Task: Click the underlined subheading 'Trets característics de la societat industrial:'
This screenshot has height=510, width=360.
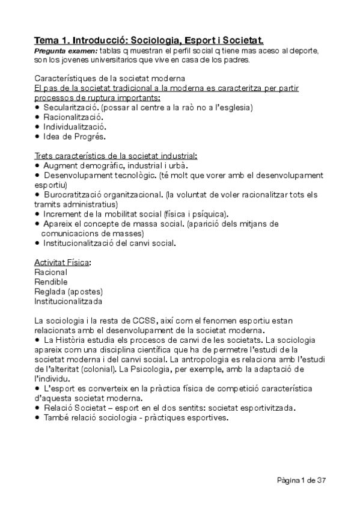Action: (115, 156)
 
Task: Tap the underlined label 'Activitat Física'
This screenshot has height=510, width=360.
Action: (63, 263)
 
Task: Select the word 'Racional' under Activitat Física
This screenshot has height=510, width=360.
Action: (51, 272)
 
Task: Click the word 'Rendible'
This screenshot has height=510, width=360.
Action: (51, 281)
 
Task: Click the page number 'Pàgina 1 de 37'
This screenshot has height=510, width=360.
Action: (302, 480)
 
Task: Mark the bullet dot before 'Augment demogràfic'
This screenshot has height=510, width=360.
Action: (37, 165)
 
